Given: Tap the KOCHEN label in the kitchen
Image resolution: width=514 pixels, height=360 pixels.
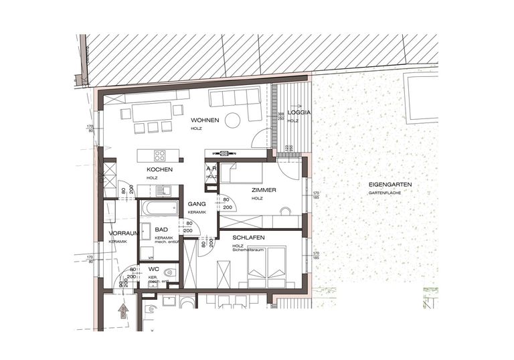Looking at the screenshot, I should (x=160, y=170).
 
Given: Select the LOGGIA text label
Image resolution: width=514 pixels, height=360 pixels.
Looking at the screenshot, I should (x=298, y=113).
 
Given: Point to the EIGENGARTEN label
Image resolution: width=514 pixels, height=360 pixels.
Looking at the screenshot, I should (x=390, y=184).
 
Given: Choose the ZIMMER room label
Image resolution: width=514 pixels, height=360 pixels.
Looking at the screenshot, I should (x=264, y=191).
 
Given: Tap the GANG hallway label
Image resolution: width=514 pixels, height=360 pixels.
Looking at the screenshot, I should (x=196, y=203).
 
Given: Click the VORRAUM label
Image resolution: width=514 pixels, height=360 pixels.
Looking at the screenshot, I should (x=123, y=234).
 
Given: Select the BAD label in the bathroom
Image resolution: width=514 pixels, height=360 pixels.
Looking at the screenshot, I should (x=161, y=230).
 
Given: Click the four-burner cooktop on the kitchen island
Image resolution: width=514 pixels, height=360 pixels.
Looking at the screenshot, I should (x=160, y=155).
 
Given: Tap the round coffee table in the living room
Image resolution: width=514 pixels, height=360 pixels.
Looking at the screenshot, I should (x=232, y=120).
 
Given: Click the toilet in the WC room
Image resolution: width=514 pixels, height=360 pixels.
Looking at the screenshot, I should (x=171, y=273).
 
